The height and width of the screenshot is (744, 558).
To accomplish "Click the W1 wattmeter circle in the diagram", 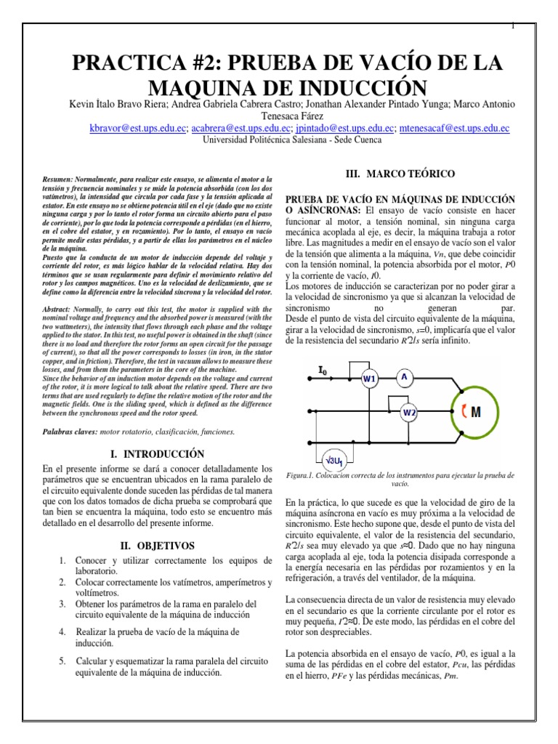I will point(370,379).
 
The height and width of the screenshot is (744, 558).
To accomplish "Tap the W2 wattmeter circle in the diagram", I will point(409,413).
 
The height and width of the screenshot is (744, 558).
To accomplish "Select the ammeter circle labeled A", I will point(403,376).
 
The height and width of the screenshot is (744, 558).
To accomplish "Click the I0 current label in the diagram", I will point(323,371).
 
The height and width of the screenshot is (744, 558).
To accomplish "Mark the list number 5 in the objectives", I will point(62,660).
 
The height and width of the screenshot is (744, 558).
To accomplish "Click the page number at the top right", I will point(513,26).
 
